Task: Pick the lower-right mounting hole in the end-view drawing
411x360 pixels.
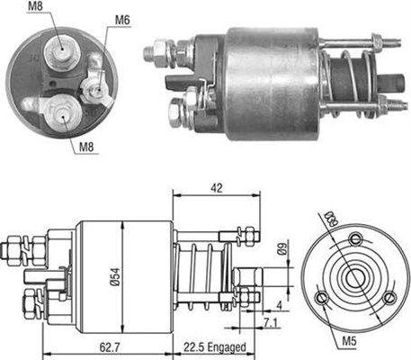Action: click(x=388, y=298)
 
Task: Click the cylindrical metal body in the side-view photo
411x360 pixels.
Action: click(x=270, y=82)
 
